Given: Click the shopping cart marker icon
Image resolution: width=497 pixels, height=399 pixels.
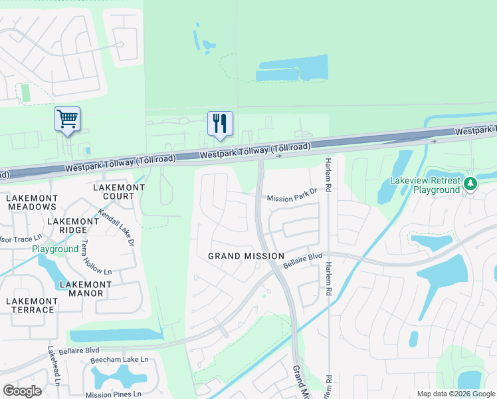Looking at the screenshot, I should point(67,119).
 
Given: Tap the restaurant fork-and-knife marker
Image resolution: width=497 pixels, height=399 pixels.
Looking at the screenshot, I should point(220,123).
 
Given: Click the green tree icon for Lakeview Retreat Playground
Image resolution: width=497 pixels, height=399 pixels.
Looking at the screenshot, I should point(470,182).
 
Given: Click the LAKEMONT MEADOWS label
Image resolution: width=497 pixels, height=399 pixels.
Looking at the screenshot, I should point(32,202).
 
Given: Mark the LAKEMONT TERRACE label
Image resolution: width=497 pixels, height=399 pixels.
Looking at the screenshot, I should point(30,305).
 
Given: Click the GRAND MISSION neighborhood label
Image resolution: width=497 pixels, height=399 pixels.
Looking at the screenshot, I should point(246,256).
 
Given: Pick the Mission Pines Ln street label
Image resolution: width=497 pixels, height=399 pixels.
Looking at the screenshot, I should point(114,394).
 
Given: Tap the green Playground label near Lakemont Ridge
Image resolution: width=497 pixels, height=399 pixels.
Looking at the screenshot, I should point(56,249).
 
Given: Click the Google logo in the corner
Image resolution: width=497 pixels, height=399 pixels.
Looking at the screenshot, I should point(22,390).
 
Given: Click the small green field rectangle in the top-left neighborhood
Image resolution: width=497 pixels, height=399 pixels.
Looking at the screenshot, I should point(26,93).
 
